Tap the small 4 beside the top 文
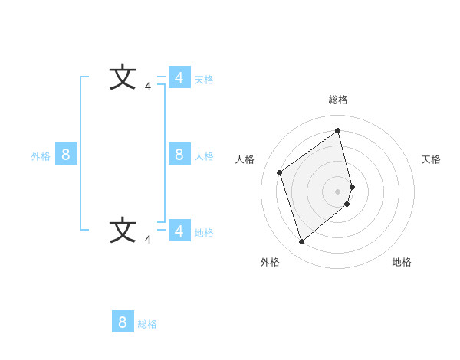pos(148,87)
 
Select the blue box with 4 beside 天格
pos(179,78)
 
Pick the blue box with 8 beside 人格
pos(179,155)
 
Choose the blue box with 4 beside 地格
pos(179,230)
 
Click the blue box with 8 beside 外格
pos(66,155)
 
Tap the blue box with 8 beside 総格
pos(123,322)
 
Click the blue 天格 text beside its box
pos(204,80)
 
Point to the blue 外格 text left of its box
pos(41,156)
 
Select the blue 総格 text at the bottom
pos(147,324)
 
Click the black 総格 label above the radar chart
pos(338,100)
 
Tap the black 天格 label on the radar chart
pos(431,159)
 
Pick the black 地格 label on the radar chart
pos(402,262)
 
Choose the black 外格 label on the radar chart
pos(270,262)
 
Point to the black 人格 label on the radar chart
pos(245,159)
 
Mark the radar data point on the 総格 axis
pos(338,130)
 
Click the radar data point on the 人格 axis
pos(280,172)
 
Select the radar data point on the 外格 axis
pos(302,242)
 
